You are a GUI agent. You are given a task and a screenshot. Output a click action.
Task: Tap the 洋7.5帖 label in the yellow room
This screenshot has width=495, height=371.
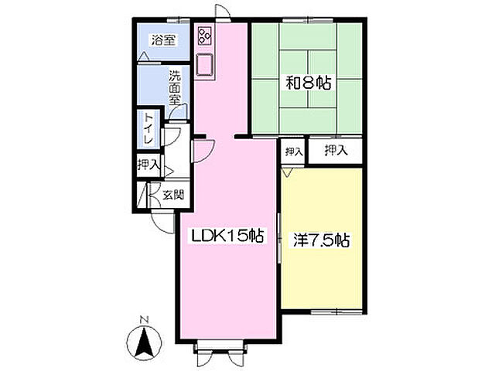pos(322,240)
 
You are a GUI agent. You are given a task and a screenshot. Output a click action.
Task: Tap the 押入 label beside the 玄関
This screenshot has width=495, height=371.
pos(148,165)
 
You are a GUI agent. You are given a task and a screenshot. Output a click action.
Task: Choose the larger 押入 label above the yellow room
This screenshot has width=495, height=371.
pos(336,150)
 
